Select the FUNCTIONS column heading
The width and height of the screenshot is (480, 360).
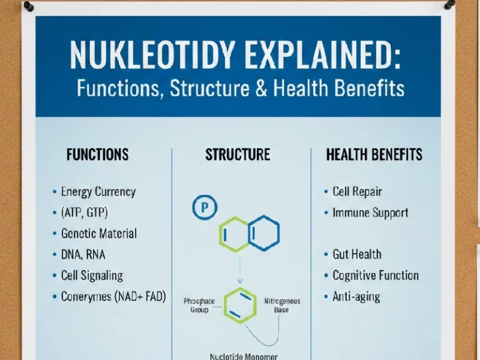(97, 154)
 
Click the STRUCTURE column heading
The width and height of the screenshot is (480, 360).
(237, 154)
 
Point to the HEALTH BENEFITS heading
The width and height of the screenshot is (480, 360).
(374, 154)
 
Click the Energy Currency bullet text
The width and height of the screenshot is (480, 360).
(98, 192)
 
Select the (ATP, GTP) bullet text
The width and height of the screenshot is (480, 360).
(84, 212)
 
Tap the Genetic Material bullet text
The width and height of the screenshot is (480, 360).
(99, 234)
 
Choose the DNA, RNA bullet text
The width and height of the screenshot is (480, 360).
(84, 254)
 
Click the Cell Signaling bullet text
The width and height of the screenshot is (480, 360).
(92, 275)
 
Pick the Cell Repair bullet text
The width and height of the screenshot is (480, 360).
(357, 192)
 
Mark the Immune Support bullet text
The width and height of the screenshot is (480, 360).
(370, 212)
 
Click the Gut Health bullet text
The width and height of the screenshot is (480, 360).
(356, 254)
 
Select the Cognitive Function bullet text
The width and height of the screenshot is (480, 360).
(375, 275)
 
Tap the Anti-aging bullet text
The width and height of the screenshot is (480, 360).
(356, 296)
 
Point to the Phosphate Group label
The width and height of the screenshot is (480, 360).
(199, 305)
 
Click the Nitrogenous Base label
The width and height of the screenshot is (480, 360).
(282, 305)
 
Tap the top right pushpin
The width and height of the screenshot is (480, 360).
(450, 5)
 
